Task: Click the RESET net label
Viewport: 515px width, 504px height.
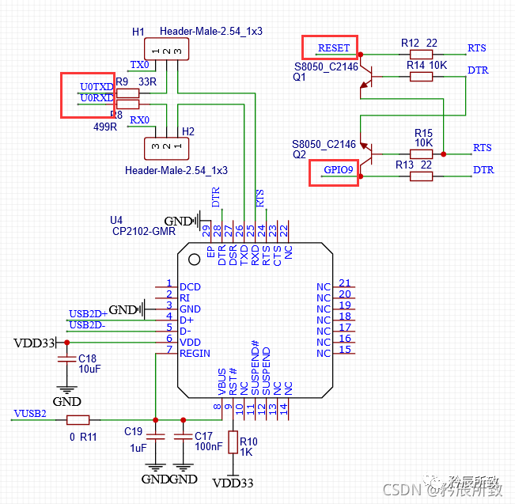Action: [x=333, y=47]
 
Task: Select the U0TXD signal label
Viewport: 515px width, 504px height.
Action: [x=96, y=85]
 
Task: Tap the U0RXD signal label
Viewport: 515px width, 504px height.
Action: [x=96, y=98]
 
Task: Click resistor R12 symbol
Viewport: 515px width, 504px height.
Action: [x=421, y=55]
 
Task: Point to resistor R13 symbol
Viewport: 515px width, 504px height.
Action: [x=421, y=176]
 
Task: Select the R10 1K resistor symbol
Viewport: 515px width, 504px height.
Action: [x=233, y=442]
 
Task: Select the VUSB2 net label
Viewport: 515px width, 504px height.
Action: [x=30, y=413]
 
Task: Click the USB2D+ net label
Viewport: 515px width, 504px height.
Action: [x=88, y=314]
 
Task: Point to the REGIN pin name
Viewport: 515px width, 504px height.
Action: [x=195, y=354]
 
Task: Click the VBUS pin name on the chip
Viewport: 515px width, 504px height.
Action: [x=222, y=381]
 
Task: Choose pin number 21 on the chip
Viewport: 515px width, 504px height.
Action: [x=344, y=283]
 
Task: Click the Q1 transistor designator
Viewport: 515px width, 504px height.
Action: [x=299, y=78]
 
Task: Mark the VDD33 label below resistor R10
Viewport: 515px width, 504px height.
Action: [x=233, y=483]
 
